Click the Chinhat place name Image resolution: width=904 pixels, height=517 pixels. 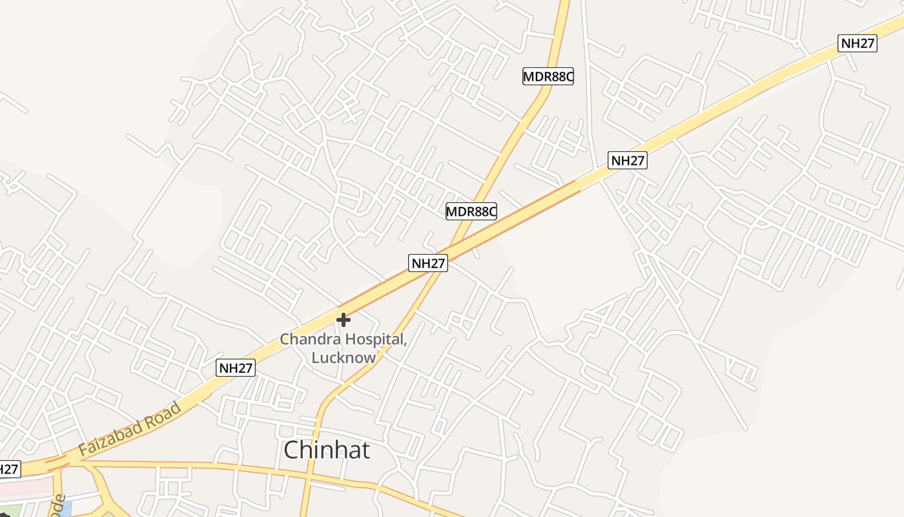[327, 450]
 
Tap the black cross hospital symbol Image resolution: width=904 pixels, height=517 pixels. [344, 319]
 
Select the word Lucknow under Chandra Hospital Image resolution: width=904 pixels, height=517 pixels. [344, 357]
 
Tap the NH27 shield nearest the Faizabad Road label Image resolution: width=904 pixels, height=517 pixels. [236, 368]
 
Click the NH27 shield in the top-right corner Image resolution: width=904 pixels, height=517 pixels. [858, 43]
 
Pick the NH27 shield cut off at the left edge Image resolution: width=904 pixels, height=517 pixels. [9, 469]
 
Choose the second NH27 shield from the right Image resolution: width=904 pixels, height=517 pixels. [627, 160]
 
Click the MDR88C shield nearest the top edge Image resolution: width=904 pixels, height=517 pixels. [548, 76]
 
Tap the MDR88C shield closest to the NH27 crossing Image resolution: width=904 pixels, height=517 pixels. [471, 211]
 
